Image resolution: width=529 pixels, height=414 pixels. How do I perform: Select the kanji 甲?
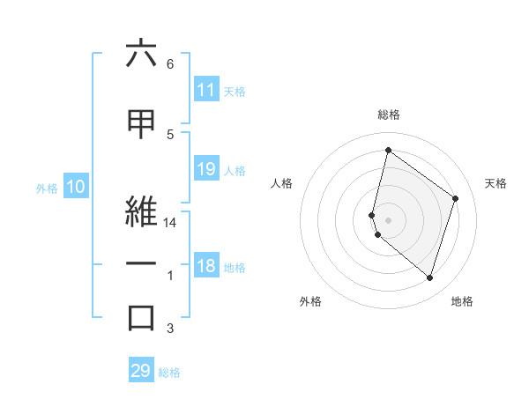141,124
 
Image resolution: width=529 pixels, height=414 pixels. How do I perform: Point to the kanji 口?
141,317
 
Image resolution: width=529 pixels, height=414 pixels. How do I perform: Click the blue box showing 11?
206,90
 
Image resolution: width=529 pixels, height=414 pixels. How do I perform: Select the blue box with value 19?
206,169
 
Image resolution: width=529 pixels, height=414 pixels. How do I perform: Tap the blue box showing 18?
206,266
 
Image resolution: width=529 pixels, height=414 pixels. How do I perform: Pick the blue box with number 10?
75,187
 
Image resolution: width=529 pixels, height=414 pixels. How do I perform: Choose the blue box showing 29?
141,371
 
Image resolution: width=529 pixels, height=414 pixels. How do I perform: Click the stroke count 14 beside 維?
171,224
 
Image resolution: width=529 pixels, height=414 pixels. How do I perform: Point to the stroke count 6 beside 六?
170,64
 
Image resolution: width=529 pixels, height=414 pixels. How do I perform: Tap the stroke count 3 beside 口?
170,329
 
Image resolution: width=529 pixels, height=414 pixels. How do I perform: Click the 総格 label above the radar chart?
388,115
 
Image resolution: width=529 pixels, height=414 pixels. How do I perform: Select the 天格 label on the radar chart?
496,183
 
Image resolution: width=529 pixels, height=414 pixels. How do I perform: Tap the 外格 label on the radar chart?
310,301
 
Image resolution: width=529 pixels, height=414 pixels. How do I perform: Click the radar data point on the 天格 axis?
456,198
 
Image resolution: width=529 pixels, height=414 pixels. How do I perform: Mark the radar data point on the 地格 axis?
429,278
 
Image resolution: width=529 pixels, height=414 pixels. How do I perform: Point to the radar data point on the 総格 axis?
388,151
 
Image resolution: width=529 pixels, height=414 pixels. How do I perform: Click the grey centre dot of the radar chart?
388,220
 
